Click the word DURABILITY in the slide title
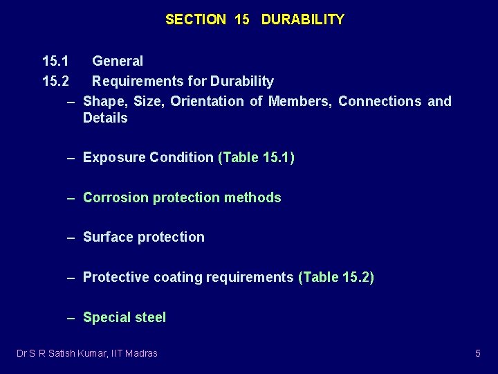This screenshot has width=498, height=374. pyautogui.click(x=302, y=19)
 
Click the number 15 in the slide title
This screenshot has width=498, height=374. pyautogui.click(x=242, y=19)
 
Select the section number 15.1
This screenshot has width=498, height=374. pyautogui.click(x=55, y=62)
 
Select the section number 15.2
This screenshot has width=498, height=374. pyautogui.click(x=55, y=82)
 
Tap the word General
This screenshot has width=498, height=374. pyautogui.click(x=118, y=62)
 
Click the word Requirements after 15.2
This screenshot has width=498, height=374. pyautogui.click(x=136, y=82)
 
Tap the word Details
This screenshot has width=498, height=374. pyautogui.click(x=105, y=118)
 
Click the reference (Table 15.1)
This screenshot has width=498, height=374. pyautogui.click(x=256, y=157)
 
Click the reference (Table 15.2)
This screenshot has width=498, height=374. pyautogui.click(x=335, y=277)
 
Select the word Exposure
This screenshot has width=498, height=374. pyautogui.click(x=111, y=157)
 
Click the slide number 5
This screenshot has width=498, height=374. pyautogui.click(x=477, y=353)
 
